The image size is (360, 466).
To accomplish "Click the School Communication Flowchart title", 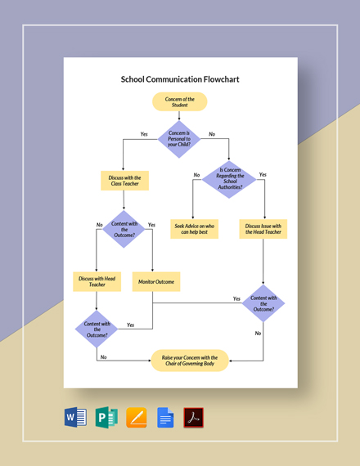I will coord(180,80).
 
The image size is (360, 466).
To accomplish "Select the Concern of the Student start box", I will coord(180,101).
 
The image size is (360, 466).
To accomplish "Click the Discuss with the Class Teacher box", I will coord(125,181).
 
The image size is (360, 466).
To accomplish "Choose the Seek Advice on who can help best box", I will coord(195,229).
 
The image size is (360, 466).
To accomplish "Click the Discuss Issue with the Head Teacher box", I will coord(263,229).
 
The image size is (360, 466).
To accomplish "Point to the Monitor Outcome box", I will coord(155,282).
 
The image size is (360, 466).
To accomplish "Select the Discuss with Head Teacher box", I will coord(97,281).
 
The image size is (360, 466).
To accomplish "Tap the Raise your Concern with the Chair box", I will coord(190,361).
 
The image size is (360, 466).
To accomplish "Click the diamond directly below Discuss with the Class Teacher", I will coord(125,229).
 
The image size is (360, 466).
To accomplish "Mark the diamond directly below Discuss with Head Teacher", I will coord(97,329).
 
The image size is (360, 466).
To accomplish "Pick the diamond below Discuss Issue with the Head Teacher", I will coord(263,303).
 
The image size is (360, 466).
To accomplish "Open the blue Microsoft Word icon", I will coord(75,418).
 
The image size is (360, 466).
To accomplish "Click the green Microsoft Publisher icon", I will coord(106,418).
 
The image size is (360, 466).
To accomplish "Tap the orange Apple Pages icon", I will coord(135,418).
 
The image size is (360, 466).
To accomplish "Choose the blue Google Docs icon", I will coord(164,418).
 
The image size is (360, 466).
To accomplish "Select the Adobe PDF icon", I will coord(194,418).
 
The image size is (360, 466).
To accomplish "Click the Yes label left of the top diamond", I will coord(144,134).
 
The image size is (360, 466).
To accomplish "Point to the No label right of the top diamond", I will coord(212,134).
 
